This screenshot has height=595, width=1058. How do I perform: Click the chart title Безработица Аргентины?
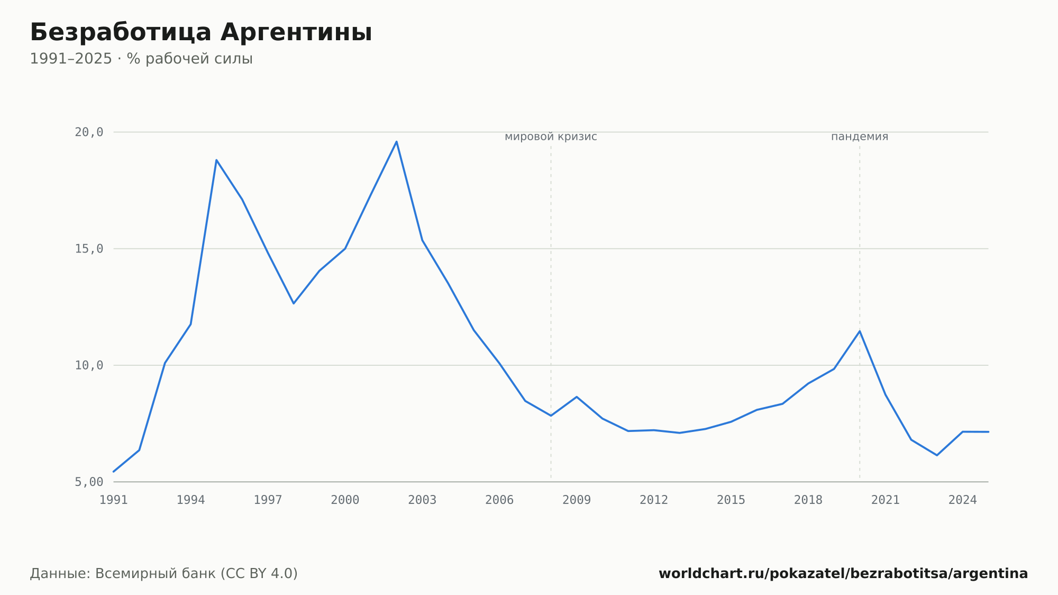[x=201, y=32]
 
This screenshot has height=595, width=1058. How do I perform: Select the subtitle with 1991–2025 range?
[x=141, y=59]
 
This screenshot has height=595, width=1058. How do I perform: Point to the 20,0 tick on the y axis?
[x=89, y=132]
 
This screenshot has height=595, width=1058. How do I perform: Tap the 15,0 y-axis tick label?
[x=89, y=249]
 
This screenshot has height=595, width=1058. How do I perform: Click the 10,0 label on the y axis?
[x=89, y=365]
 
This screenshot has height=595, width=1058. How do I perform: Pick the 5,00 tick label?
[x=89, y=482]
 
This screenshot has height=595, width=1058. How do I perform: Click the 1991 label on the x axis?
[x=114, y=500]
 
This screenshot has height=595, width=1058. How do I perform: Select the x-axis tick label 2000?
[x=345, y=500]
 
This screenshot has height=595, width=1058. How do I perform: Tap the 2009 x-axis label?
[x=577, y=500]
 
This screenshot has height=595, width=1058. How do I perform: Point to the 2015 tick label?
[x=731, y=500]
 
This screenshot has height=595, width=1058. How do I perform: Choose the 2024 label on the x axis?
[x=962, y=500]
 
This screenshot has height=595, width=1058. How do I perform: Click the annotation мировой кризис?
[x=551, y=137]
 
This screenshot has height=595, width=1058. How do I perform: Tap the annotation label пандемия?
[x=860, y=137]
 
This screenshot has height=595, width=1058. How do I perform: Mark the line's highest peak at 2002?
[x=396, y=141]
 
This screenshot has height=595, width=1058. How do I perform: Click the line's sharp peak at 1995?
[x=216, y=160]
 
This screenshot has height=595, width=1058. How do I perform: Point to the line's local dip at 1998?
[x=294, y=303]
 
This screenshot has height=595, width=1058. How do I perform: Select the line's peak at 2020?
[x=860, y=331]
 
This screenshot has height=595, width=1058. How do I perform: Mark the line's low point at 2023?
[x=937, y=455]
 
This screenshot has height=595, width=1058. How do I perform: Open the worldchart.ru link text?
[x=843, y=574]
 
